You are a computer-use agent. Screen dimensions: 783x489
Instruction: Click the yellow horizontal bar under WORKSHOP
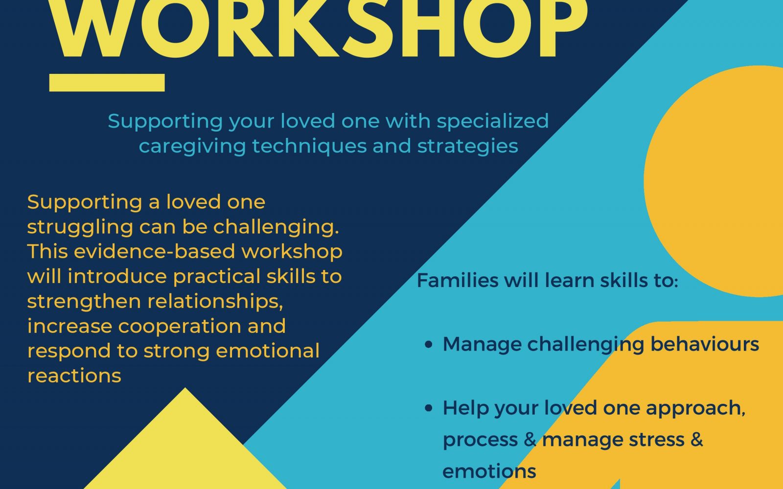click(x=107, y=83)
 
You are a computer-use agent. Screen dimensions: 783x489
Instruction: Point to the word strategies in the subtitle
click(x=468, y=147)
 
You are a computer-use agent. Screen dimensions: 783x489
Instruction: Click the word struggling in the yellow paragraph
click(x=80, y=228)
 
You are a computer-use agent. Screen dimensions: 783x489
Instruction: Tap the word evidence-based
click(x=154, y=251)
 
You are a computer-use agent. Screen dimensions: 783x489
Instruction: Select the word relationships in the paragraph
click(x=215, y=301)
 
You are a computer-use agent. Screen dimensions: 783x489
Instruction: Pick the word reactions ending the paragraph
click(x=74, y=376)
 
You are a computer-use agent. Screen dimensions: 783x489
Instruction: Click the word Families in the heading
click(x=458, y=281)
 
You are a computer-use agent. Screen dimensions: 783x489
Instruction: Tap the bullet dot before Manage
click(x=429, y=344)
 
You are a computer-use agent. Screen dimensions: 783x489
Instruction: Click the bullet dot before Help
click(x=429, y=408)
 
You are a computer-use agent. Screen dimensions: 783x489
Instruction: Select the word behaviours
click(x=705, y=344)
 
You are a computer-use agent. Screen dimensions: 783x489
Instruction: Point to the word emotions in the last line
click(x=489, y=471)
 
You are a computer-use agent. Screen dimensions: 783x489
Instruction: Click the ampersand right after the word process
click(x=530, y=440)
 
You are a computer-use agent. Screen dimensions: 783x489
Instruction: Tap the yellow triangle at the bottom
click(x=185, y=450)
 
